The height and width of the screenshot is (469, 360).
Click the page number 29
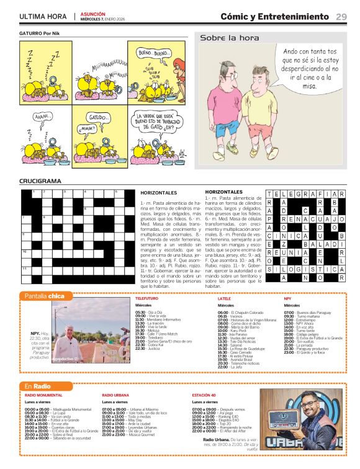click(x=341, y=16)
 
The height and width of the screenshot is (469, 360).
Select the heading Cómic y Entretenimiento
click(x=275, y=16)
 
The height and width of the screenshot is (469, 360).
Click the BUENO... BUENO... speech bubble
click(x=154, y=53)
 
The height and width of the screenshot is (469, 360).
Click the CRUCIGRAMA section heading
click(x=40, y=181)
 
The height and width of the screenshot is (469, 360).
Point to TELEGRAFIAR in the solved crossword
click(x=305, y=194)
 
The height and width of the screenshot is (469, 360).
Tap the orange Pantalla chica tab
click(x=48, y=296)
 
